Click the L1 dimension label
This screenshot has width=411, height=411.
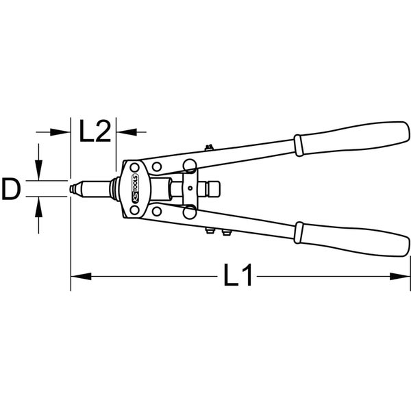click(238, 275)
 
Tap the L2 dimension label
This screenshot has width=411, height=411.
click(95, 131)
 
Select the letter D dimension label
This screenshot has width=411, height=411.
click(11, 189)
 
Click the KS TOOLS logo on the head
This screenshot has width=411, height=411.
click(135, 188)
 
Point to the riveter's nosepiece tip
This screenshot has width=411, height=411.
click(71, 189)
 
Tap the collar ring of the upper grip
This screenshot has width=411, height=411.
click(299, 145)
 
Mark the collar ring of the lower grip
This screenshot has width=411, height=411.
click(299, 233)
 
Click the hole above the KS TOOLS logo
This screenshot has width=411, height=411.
click(134, 167)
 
